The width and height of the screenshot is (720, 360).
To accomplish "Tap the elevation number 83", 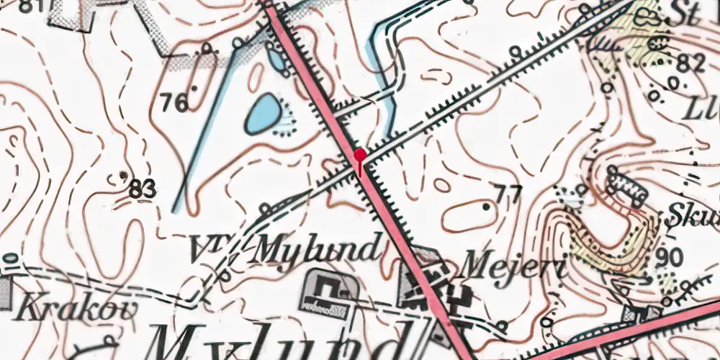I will tap(143, 190).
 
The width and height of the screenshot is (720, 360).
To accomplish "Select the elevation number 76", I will tap(175, 103).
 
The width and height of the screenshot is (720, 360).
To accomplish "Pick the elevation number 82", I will tap(690, 64).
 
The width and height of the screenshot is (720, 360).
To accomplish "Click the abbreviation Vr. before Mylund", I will tap(210, 249).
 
